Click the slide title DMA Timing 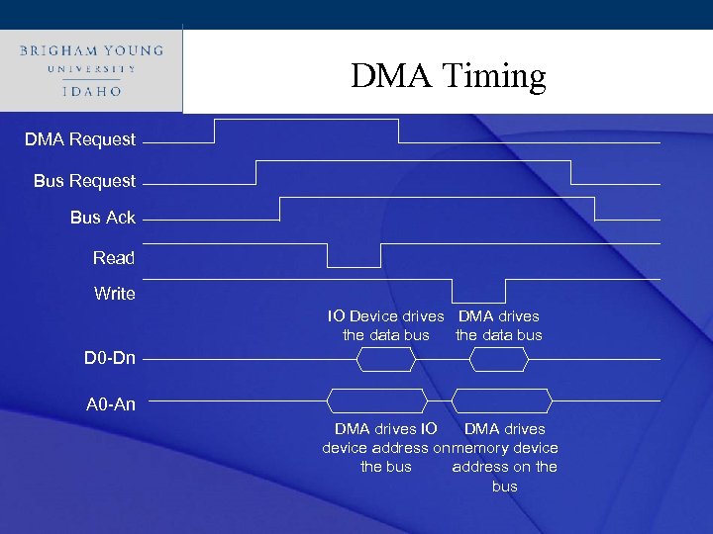pyautogui.click(x=448, y=76)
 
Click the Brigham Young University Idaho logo pyautogui.click(x=91, y=70)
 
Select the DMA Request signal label pyautogui.click(x=80, y=139)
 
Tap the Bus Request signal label pyautogui.click(x=84, y=181)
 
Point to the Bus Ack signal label pyautogui.click(x=102, y=218)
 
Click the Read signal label pyautogui.click(x=113, y=258)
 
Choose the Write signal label pyautogui.click(x=114, y=294)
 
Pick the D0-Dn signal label pyautogui.click(x=109, y=357)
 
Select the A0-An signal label pyautogui.click(x=111, y=403)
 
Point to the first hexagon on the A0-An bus pyautogui.click(x=377, y=400)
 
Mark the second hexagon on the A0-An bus pyautogui.click(x=501, y=400)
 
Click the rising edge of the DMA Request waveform pyautogui.click(x=215, y=131)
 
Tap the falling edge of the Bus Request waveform pyautogui.click(x=571, y=172)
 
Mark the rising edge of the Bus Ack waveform pyautogui.click(x=280, y=209)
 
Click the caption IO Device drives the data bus pyautogui.click(x=386, y=325)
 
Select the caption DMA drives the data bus pyautogui.click(x=498, y=325)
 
